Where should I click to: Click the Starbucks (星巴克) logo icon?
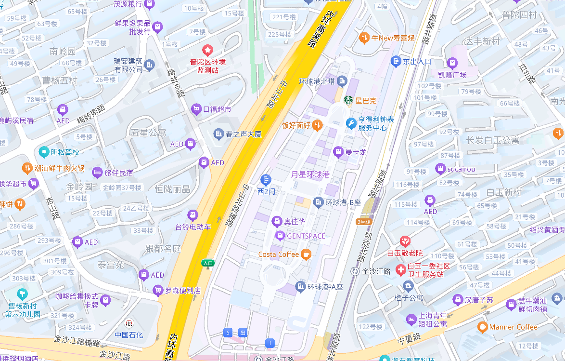(x=348, y=100)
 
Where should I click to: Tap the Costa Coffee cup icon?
(x=306, y=254)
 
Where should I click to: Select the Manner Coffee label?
(x=513, y=327)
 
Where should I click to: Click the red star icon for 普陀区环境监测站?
(x=207, y=50)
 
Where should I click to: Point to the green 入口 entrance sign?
(x=208, y=263)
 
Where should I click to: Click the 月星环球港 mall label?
(x=310, y=174)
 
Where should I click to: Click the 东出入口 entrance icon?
(x=396, y=61)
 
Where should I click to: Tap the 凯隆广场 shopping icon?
(x=452, y=63)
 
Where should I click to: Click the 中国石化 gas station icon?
(x=129, y=323)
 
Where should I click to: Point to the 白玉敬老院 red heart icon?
(x=405, y=240)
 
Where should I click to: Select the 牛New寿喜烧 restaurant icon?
(x=364, y=37)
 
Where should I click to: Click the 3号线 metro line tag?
(x=364, y=222)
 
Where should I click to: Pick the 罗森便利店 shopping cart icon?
(x=157, y=290)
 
